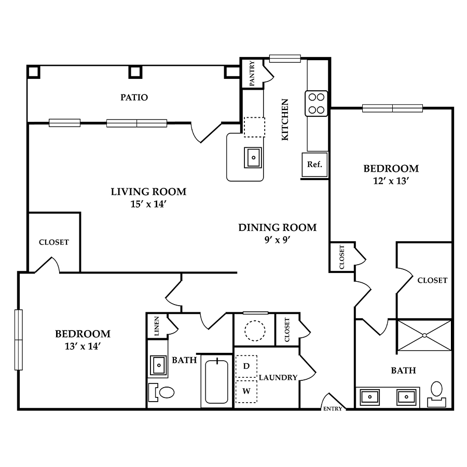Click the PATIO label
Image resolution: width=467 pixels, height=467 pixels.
134,98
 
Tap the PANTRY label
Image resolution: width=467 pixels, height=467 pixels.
252,73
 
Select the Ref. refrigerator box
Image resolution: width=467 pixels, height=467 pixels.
315,164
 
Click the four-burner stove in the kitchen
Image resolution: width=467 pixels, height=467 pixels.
317,103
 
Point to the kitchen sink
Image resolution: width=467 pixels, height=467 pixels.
253,157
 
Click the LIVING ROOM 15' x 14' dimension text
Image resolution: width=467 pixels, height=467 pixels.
148,204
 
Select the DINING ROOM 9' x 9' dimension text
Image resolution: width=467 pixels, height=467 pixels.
277,240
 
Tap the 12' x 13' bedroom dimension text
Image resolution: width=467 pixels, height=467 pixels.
391,181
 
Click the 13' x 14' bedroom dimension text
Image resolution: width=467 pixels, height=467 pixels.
83,346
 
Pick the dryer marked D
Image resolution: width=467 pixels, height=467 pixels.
246,366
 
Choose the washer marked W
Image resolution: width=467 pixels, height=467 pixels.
246,391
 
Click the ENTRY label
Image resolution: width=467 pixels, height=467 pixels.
333,409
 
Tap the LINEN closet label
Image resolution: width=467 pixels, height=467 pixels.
157,326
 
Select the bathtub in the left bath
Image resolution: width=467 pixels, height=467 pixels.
217,381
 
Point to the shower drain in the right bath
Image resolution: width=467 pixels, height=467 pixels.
424,336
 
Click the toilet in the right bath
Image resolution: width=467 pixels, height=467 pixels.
436,394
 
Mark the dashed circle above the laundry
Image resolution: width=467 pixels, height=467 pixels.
255,331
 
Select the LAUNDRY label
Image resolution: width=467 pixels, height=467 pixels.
278,378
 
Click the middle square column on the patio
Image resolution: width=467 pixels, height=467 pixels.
135,72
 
